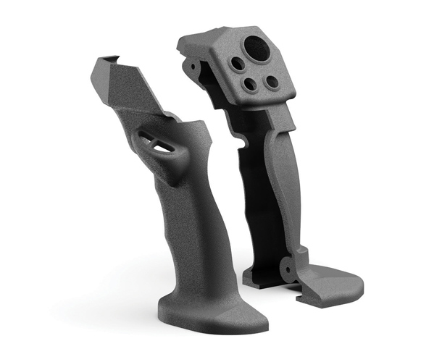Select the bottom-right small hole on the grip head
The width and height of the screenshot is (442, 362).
click(272, 82)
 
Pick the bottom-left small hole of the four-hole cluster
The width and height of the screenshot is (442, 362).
click(250, 85)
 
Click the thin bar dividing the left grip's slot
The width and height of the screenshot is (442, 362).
click(157, 140)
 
